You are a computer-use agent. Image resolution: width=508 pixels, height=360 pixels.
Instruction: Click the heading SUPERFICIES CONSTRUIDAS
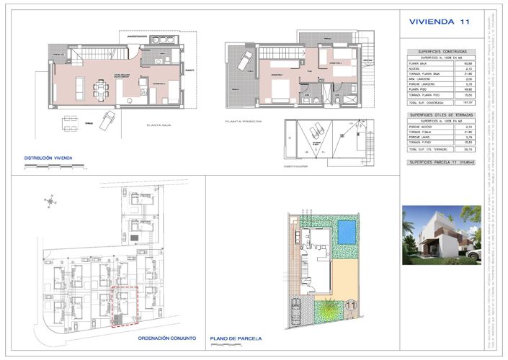[x=437, y=52]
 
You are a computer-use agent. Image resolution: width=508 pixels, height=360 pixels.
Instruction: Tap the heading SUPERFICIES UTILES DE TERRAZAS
[x=437, y=115]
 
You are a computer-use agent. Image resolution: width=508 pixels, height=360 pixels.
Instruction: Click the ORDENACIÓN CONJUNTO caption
[x=165, y=336]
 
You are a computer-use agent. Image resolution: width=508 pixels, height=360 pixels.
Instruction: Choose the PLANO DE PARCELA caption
[x=236, y=338]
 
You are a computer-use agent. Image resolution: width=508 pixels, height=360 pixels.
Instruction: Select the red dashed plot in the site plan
[x=124, y=307]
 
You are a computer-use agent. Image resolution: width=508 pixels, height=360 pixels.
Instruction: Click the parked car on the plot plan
[x=297, y=310]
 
